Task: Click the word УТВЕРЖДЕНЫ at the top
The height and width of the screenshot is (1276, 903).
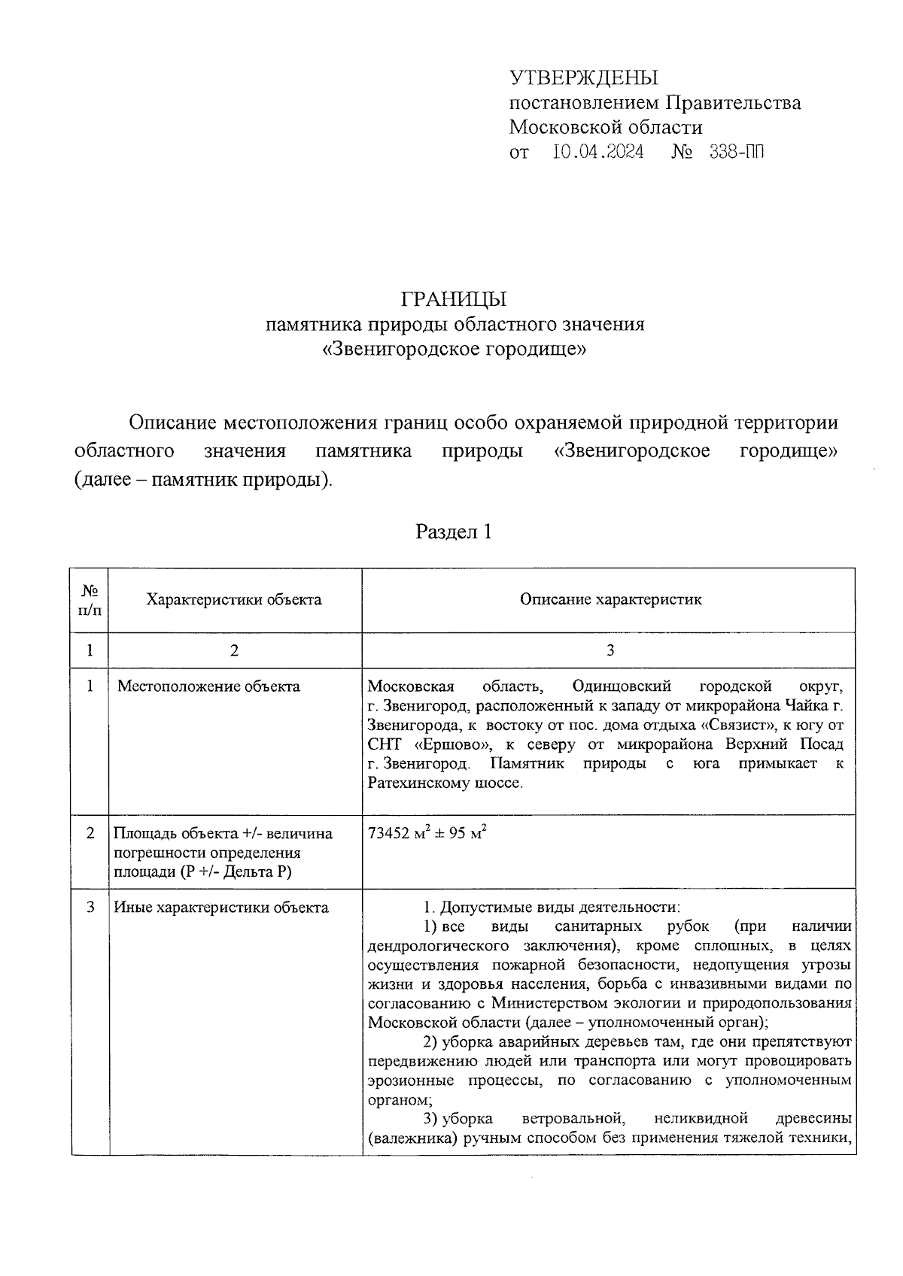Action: pyautogui.click(x=583, y=77)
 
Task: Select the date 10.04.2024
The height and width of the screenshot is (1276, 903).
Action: pyautogui.click(x=597, y=153)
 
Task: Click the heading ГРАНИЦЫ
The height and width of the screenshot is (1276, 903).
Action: pyautogui.click(x=454, y=299)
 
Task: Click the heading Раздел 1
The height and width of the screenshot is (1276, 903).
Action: pyautogui.click(x=454, y=532)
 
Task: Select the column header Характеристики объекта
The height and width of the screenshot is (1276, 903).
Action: pyautogui.click(x=234, y=599)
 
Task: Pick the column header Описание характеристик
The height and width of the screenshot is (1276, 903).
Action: pyautogui.click(x=610, y=599)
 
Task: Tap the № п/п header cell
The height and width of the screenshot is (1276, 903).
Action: pyautogui.click(x=90, y=600)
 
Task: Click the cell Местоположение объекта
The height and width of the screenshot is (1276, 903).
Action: pyautogui.click(x=208, y=686)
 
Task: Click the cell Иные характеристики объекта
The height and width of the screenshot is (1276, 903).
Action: pyautogui.click(x=220, y=908)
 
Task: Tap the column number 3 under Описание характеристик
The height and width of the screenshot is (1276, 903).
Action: pyautogui.click(x=610, y=650)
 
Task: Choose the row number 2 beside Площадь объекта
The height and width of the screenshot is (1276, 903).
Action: pyautogui.click(x=90, y=833)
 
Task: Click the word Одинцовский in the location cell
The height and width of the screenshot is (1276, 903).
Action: pyautogui.click(x=621, y=686)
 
